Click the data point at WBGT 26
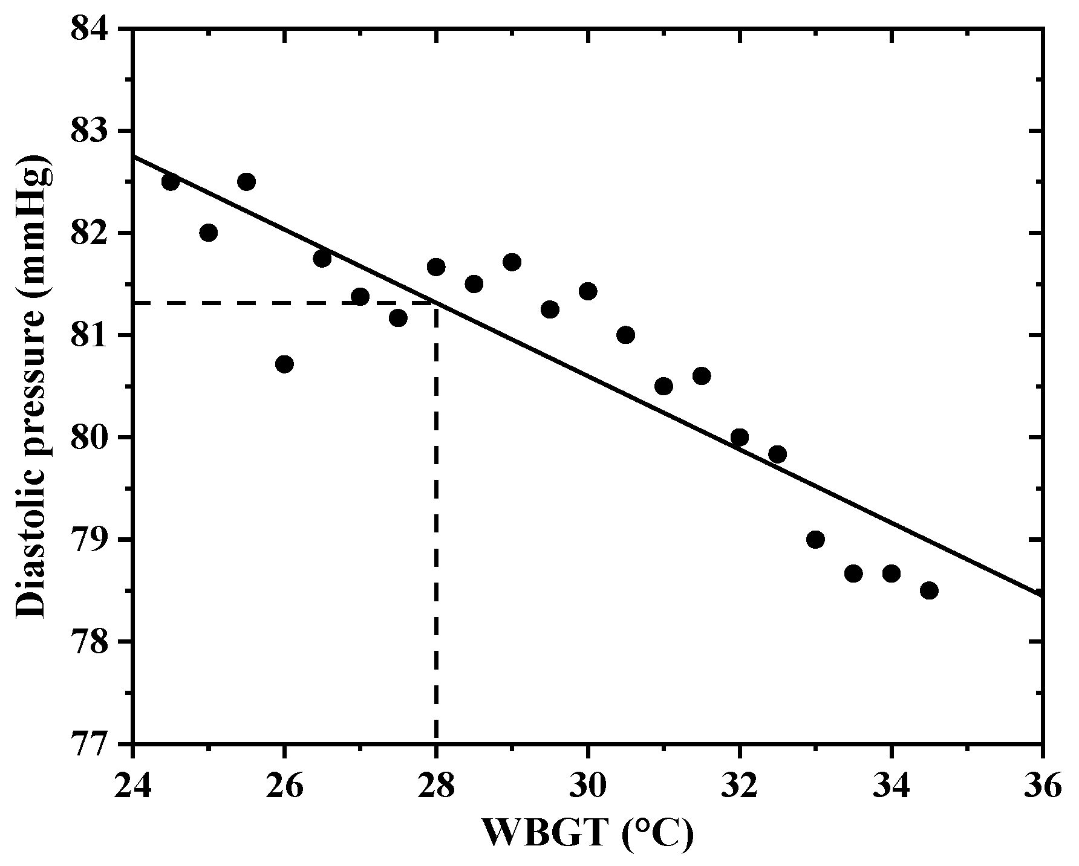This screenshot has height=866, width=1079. coord(284,364)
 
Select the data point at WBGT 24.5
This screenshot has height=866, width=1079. coord(171,181)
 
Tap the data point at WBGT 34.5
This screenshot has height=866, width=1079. coord(929,590)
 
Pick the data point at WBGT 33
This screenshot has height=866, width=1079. coord(815,539)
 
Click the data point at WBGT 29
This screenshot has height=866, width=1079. coord(512,262)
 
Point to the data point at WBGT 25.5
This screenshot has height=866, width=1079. coord(246,181)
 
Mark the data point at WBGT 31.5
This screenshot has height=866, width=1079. coord(702,376)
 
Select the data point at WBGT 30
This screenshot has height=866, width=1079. coord(588,291)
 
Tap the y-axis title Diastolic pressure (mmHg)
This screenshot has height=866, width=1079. coord(31,387)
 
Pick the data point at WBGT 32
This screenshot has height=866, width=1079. coord(739,437)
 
